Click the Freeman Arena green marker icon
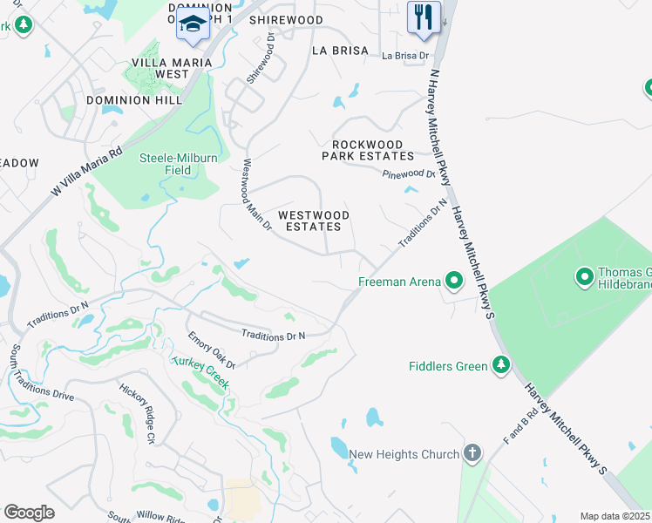(x=453, y=281)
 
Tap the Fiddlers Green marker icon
(x=500, y=365)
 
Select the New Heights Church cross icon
(x=472, y=453)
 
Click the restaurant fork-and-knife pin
(x=424, y=17)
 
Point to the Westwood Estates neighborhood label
(x=314, y=221)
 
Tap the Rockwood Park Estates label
(x=368, y=150)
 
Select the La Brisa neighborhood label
(x=340, y=51)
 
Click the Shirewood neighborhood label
(x=286, y=19)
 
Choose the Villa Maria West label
(x=159, y=68)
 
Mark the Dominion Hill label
(x=133, y=100)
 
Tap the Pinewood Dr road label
(x=409, y=174)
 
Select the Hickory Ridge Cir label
(x=137, y=413)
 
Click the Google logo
(x=29, y=513)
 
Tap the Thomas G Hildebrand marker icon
(x=584, y=277)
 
